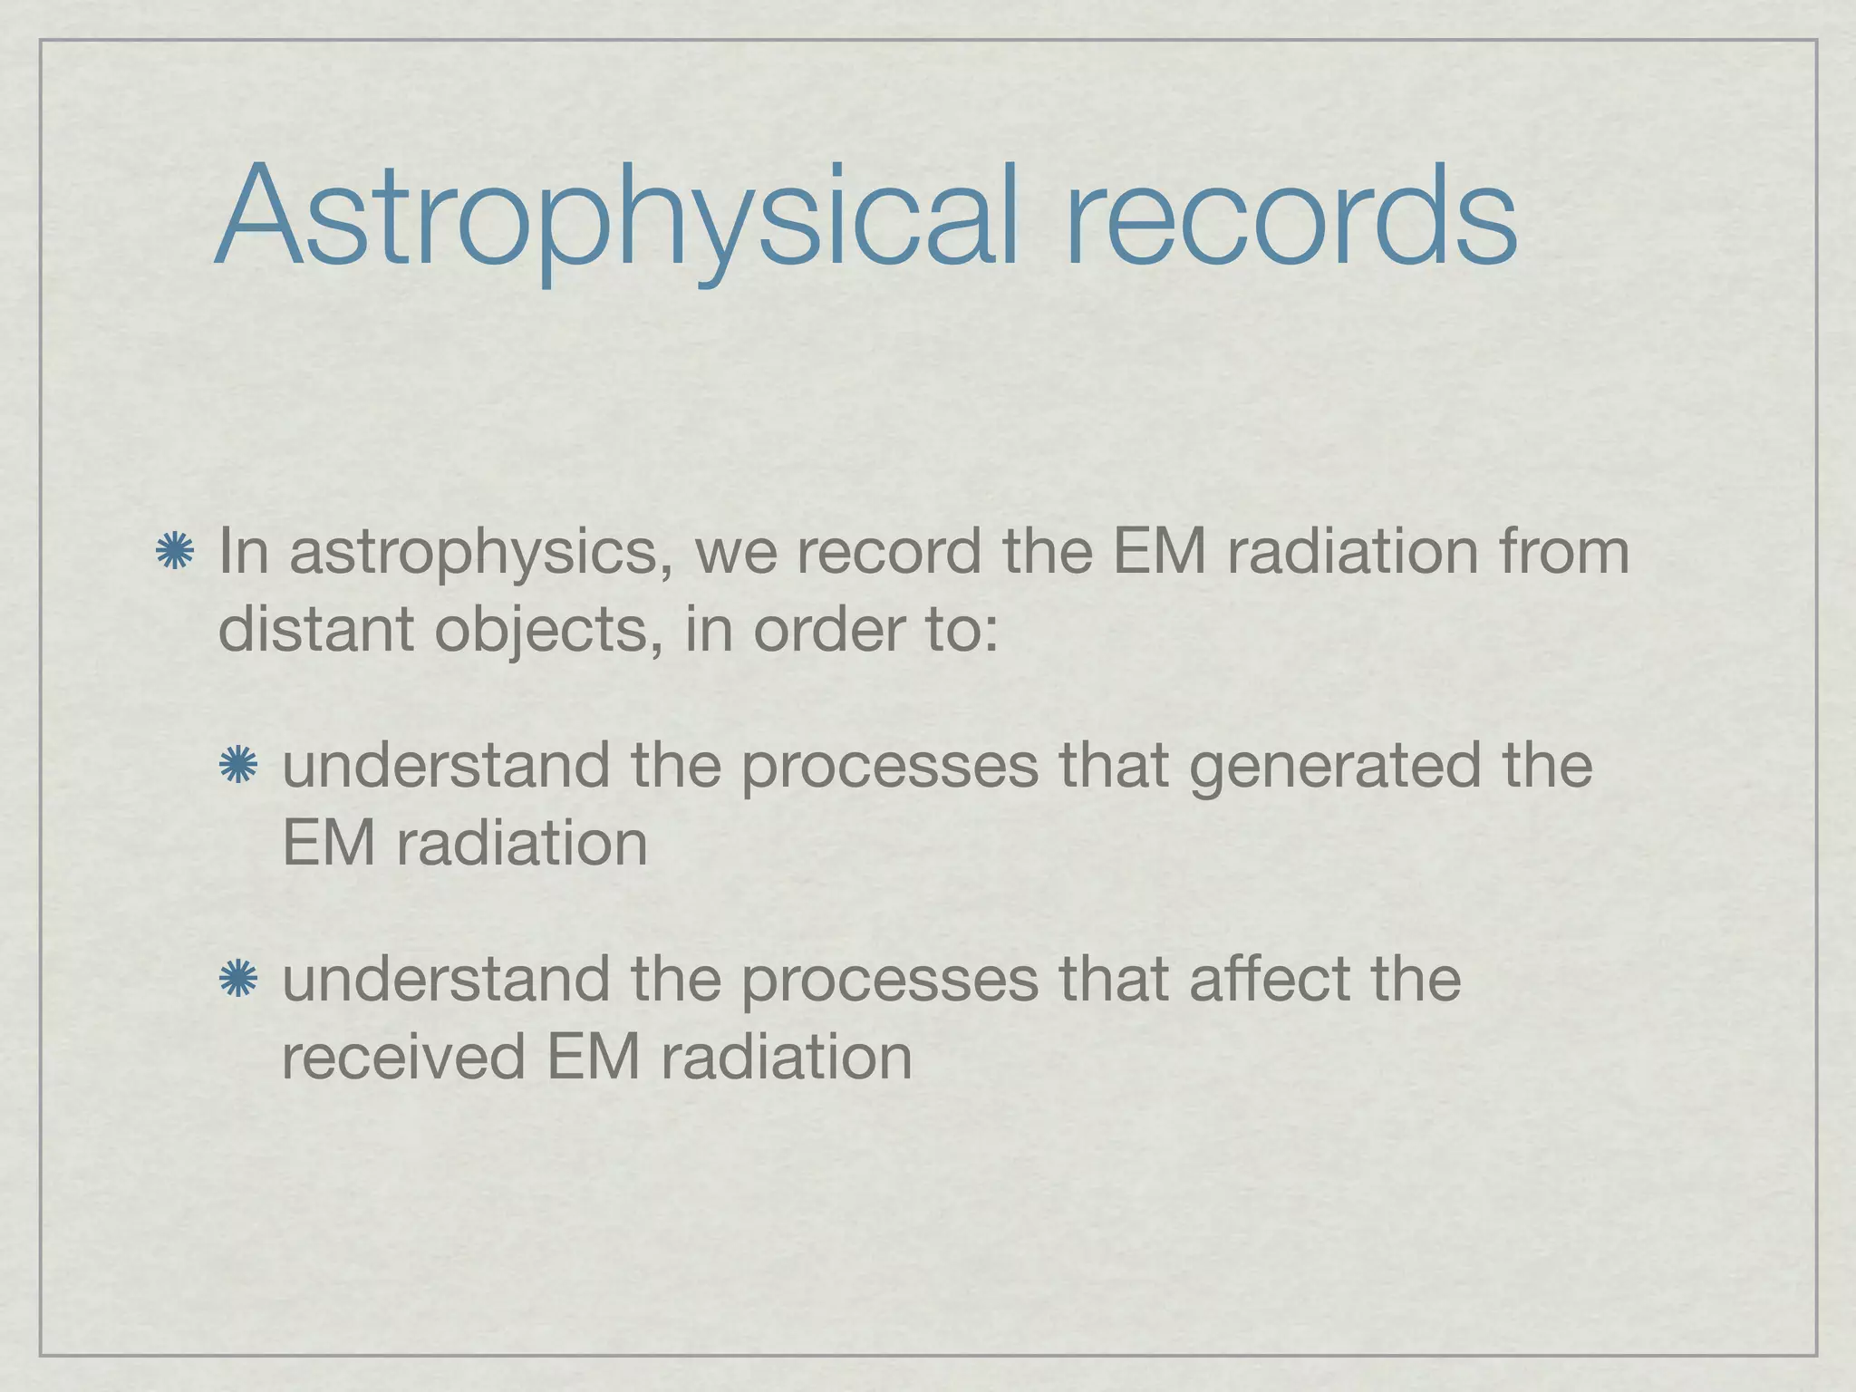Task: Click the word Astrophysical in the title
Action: tap(616, 217)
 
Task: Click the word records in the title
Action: tap(1290, 217)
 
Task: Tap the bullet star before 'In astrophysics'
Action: tap(175, 553)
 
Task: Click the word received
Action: tap(404, 1057)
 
